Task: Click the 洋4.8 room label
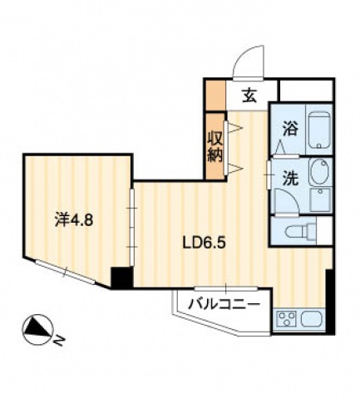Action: [x=73, y=220]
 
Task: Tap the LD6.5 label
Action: [x=203, y=243]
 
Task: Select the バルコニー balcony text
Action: [x=224, y=305]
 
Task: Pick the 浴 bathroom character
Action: [x=290, y=130]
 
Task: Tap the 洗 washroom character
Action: [x=290, y=179]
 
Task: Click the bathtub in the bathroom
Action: [x=319, y=130]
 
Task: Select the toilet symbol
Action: [x=300, y=231]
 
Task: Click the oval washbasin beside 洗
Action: [x=319, y=173]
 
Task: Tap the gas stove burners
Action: [x=287, y=319]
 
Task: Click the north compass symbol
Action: [x=37, y=330]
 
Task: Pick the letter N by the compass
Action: [x=59, y=341]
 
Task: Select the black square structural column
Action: [x=121, y=278]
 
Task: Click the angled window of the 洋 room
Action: [x=66, y=273]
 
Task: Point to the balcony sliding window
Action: [x=226, y=288]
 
